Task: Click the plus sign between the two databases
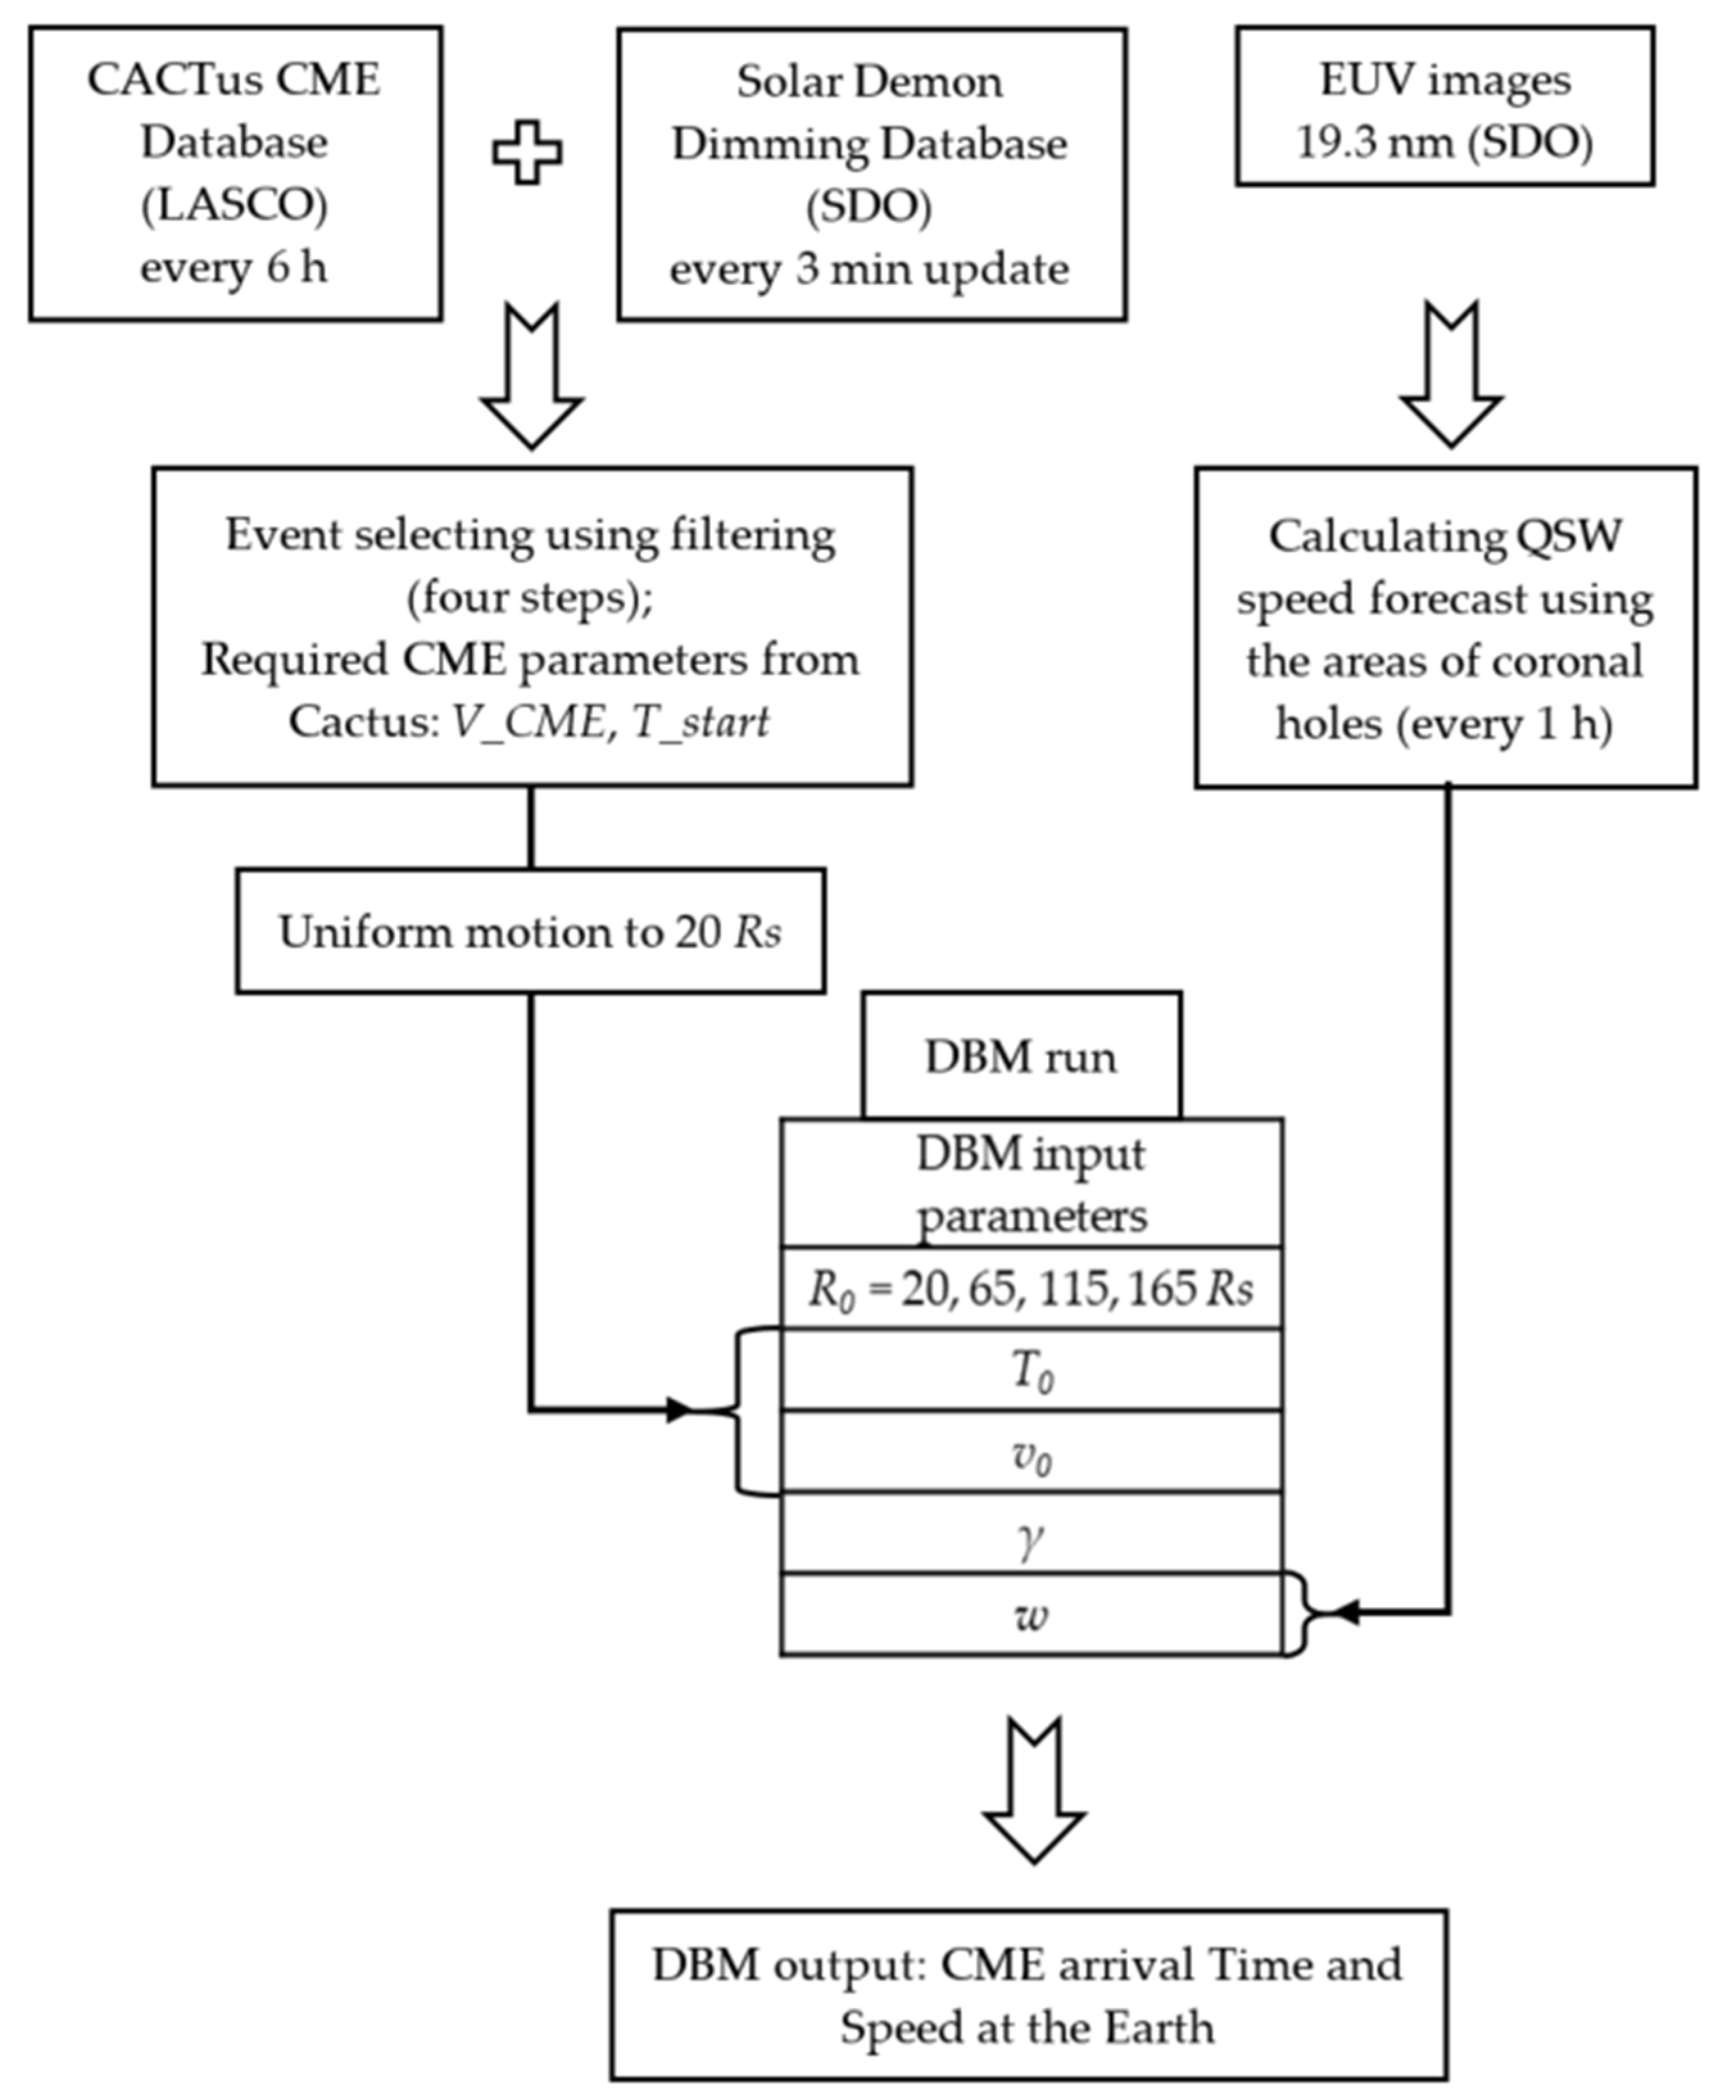(x=527, y=151)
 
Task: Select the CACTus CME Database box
(x=235, y=173)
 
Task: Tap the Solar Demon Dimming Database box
(x=872, y=173)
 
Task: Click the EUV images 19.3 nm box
(x=1444, y=106)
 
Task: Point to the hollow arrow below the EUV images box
(x=1451, y=374)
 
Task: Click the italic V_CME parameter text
(x=528, y=722)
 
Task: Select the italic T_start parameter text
(x=700, y=722)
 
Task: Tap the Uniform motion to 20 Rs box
(x=530, y=931)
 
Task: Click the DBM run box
(x=1021, y=1056)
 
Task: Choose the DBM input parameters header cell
(x=1032, y=1183)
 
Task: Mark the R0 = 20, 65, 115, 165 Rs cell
(x=1032, y=1287)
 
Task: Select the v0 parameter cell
(x=1032, y=1451)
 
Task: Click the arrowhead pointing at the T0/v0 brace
(x=679, y=1409)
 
